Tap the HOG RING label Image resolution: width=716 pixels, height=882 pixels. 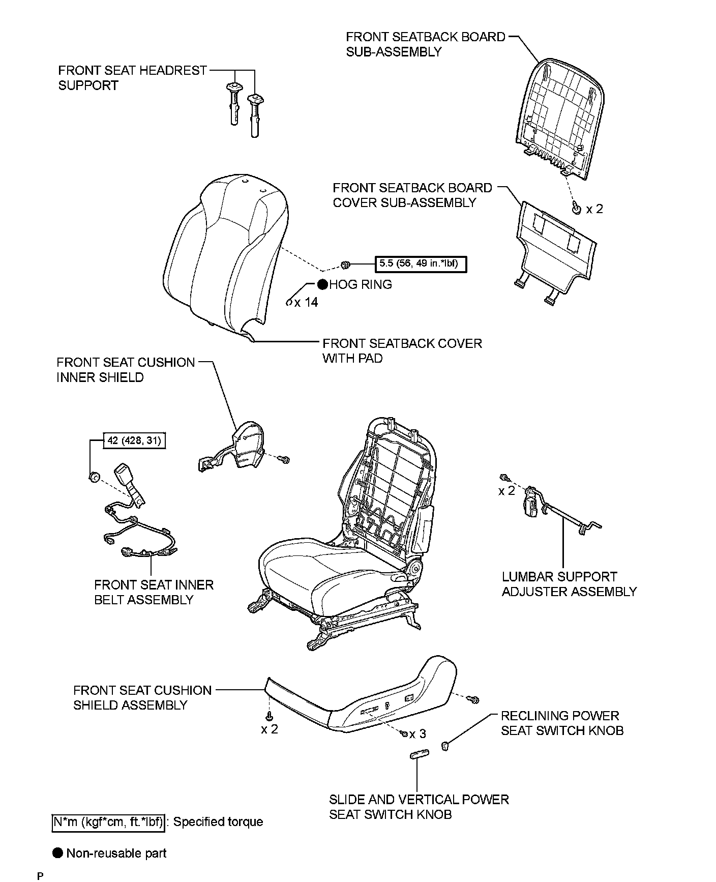click(361, 284)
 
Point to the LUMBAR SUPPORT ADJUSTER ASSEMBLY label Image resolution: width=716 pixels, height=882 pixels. click(569, 584)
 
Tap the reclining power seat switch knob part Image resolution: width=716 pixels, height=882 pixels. click(445, 746)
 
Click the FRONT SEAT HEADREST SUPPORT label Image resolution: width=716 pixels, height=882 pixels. click(132, 78)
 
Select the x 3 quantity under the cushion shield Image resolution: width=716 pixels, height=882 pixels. click(417, 734)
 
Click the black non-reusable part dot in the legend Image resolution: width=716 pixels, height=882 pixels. click(58, 853)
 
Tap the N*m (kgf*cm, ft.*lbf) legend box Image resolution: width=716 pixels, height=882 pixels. click(108, 821)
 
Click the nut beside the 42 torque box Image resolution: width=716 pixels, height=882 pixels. click(93, 477)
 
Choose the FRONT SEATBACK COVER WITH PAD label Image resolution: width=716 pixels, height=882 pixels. click(402, 351)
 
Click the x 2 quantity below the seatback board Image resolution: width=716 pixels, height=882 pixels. click(594, 209)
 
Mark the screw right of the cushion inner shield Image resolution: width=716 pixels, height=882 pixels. click(285, 459)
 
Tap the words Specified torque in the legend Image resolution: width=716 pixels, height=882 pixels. click(218, 821)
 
